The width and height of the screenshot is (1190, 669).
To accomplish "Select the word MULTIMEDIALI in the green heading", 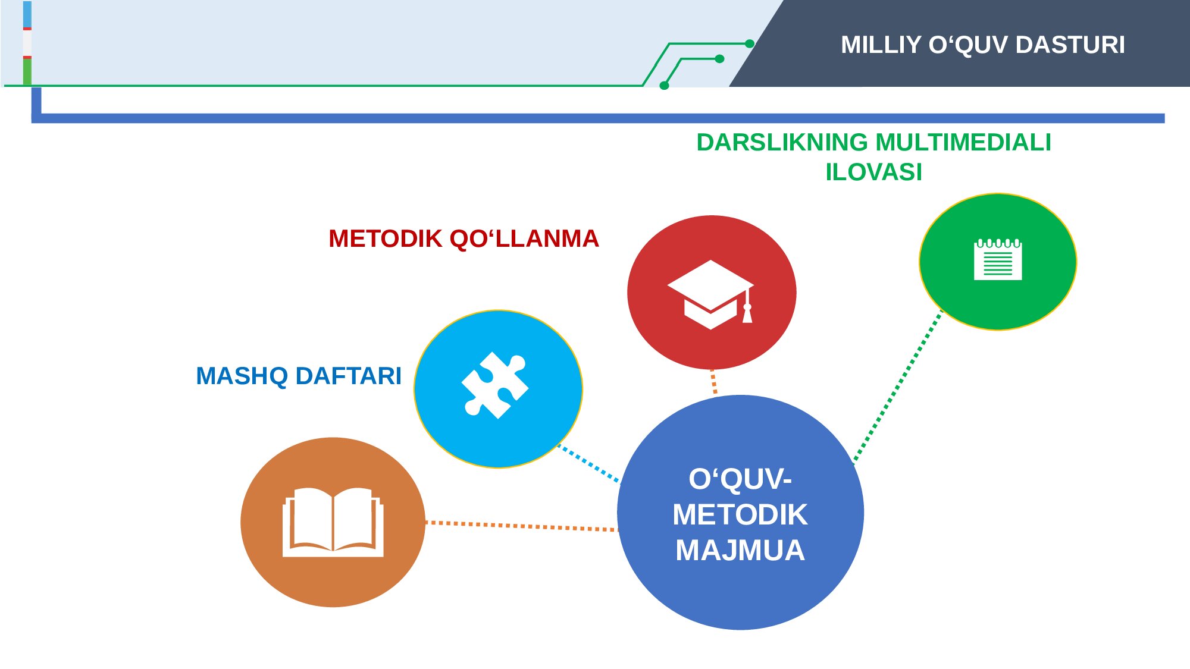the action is pos(963,142).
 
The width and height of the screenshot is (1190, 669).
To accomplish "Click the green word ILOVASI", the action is pos(873,172).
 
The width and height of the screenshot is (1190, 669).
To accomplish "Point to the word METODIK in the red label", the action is pos(386,238).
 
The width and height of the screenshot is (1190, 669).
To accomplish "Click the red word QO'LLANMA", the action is pos(524,238).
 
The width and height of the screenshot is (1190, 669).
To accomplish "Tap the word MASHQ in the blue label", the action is pos(242,376).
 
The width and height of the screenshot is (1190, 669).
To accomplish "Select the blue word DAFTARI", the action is pos(349,376).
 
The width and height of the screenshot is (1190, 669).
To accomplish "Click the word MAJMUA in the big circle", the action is pos(740,550).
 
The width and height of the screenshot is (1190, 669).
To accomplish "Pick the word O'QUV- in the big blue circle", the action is pos(740,479).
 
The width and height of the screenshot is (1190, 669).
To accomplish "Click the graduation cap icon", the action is pos(711,294).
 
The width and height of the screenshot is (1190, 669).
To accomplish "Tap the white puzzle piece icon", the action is pos(495,385).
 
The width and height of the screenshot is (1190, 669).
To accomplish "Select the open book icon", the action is pos(333,522).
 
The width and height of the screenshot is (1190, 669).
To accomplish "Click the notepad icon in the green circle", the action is pos(998,259).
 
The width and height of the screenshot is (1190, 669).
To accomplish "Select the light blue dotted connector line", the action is pos(588,463).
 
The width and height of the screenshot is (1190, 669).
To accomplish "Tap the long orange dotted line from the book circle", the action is pos(522,526).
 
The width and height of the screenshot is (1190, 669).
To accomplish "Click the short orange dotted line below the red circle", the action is pos(713,381).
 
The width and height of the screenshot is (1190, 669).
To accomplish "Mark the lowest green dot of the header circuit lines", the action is pos(665,86).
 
